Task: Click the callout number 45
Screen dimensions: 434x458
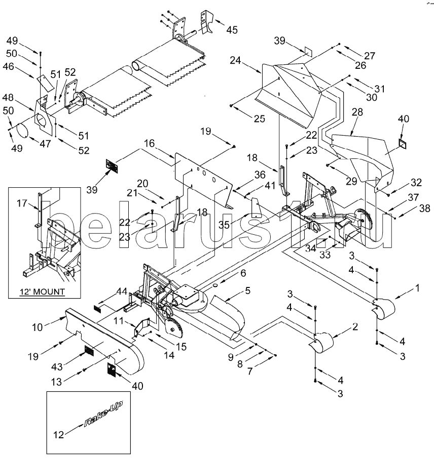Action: click(x=232, y=30)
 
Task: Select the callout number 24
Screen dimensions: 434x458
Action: click(x=235, y=60)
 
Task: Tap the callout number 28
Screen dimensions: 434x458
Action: click(x=357, y=112)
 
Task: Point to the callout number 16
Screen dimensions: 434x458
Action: click(x=149, y=143)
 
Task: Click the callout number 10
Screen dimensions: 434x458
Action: click(x=38, y=327)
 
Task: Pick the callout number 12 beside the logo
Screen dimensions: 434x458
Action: click(x=58, y=435)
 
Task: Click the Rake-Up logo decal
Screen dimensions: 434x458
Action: click(x=103, y=414)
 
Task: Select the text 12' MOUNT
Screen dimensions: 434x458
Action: click(x=42, y=292)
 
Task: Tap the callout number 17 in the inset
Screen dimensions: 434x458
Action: click(x=22, y=203)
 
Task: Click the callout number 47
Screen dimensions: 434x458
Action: click(x=45, y=144)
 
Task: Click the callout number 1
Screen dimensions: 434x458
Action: click(x=418, y=288)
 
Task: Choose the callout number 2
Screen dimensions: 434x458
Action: click(x=355, y=326)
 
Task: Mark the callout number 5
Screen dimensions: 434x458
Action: click(x=247, y=290)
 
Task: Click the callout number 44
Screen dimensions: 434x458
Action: click(x=122, y=291)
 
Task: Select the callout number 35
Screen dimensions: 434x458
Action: click(x=225, y=224)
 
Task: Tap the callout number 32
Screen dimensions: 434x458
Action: click(x=416, y=183)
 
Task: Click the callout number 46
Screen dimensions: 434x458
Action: click(x=9, y=67)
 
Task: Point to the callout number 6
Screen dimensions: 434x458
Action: click(x=243, y=273)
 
